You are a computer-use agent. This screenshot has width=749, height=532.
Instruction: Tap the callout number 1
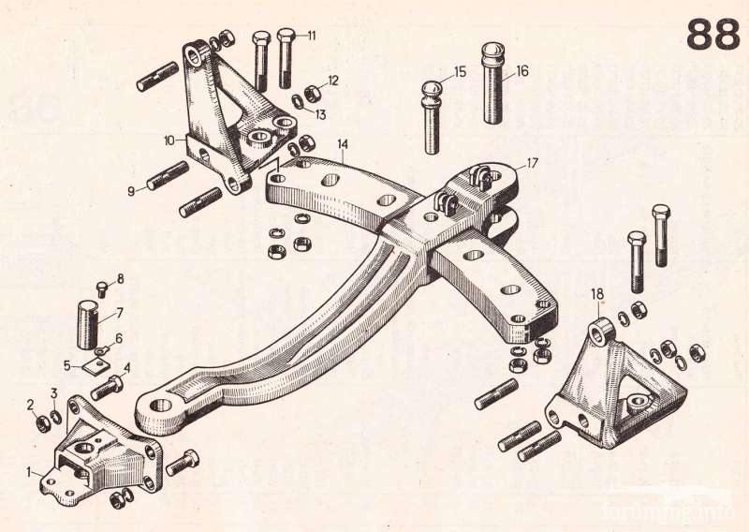coord(29,471)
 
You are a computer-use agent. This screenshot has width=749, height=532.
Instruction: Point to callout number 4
coord(126,367)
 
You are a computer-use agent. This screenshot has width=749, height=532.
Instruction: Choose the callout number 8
coord(120,279)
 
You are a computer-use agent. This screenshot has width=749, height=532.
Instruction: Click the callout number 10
coord(169,141)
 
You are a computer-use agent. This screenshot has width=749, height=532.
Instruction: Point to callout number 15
coord(459,71)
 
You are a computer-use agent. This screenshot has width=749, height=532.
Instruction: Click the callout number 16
coord(521,70)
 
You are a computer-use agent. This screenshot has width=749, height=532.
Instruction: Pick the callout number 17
coord(533,163)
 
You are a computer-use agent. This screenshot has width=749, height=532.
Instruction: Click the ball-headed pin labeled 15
coord(431,117)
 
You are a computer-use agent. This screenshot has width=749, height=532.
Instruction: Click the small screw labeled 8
coord(102,290)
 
